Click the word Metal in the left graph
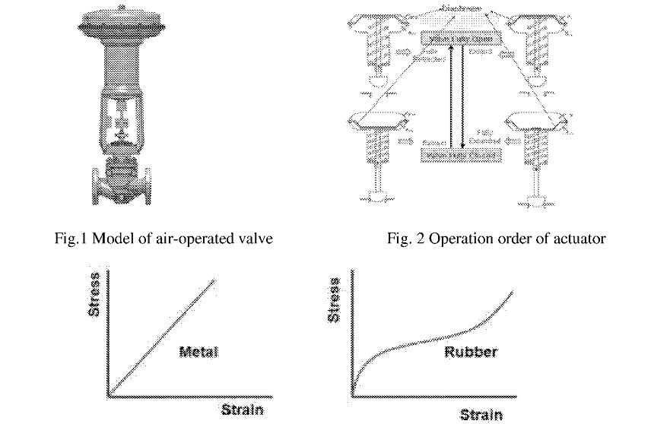point(198,352)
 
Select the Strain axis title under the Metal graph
point(242,410)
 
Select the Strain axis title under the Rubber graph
point(481,414)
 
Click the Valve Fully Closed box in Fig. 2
point(461,155)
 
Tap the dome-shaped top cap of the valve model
point(122,23)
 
